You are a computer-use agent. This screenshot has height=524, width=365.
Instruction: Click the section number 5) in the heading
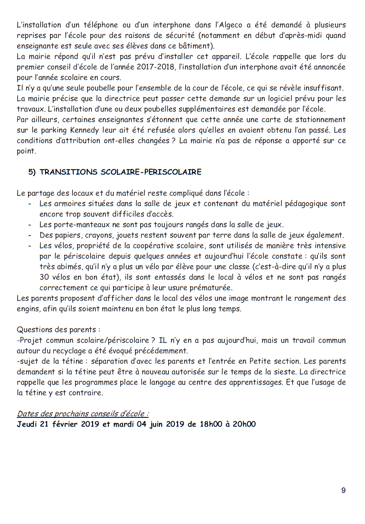click(x=32, y=172)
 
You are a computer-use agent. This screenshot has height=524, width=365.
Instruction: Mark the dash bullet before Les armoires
click(x=30, y=204)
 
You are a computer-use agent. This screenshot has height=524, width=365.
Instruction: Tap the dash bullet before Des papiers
click(x=30, y=235)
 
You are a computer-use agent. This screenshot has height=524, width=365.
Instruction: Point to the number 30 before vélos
click(x=44, y=277)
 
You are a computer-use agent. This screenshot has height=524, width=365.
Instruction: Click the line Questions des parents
click(x=58, y=330)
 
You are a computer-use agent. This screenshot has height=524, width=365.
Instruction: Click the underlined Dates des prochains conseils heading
click(x=83, y=414)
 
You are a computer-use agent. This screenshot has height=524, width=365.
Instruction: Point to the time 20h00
click(x=244, y=424)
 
